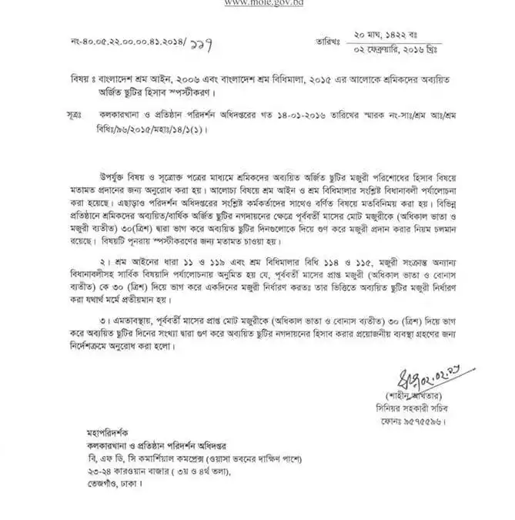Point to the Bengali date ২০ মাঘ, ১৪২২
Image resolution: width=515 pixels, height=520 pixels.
(x=390, y=35)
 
